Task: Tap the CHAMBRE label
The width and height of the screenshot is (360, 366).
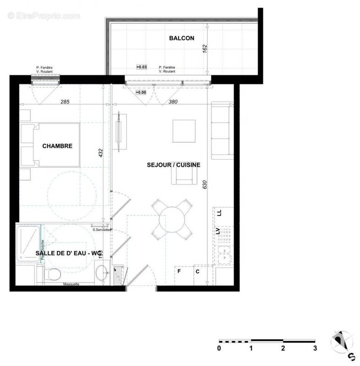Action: point(57,146)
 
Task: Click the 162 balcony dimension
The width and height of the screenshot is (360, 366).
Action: point(205,49)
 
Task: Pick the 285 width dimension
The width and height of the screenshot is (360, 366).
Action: point(65,102)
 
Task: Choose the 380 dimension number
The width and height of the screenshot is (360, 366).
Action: point(173,102)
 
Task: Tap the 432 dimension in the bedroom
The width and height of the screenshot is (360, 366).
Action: point(101,153)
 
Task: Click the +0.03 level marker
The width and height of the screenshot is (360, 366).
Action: point(141,67)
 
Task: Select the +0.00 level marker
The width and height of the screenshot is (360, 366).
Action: point(141,92)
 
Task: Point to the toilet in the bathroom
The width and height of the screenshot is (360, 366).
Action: point(54,274)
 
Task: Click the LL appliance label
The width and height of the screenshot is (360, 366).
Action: point(219,213)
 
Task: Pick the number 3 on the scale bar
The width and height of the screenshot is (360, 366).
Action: point(315,349)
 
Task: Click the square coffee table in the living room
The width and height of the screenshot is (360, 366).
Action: point(184,131)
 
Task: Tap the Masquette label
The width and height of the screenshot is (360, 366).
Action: point(71,284)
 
